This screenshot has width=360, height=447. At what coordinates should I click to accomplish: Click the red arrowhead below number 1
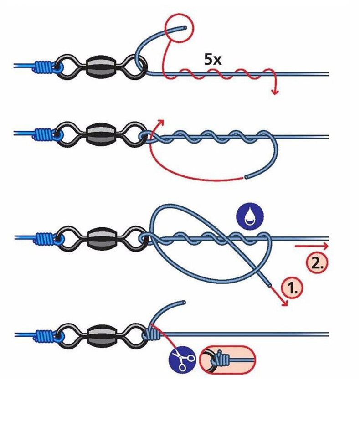pyautogui.click(x=285, y=303)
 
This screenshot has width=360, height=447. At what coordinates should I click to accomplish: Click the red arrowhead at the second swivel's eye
pyautogui.click(x=160, y=122)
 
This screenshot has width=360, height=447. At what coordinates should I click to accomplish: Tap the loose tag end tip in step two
pyautogui.click(x=246, y=176)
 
